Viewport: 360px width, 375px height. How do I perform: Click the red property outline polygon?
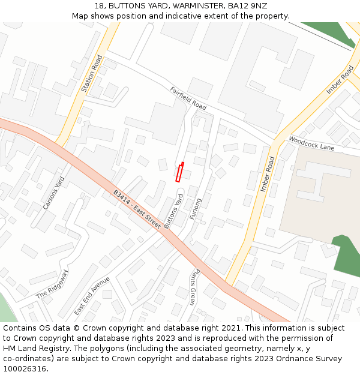179,172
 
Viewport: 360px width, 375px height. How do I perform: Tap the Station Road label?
92,74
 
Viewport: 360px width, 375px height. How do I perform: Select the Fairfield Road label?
188,98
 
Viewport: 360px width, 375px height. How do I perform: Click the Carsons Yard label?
53,193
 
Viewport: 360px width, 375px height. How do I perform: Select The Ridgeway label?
53,284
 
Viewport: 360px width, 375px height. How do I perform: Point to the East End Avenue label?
92,296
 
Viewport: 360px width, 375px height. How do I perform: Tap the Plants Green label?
193,287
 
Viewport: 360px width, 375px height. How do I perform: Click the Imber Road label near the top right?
340,80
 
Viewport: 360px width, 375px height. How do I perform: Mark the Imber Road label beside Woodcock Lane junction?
268,174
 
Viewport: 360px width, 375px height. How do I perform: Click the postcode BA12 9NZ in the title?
248,5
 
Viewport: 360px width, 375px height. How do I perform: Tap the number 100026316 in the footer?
25,368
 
